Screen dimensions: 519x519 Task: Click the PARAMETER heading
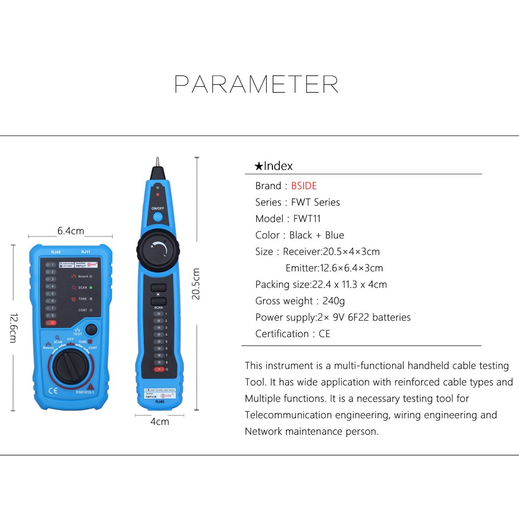256,84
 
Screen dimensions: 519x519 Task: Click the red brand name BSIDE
304,186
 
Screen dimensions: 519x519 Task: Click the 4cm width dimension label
159,421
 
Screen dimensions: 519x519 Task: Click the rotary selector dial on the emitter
71,365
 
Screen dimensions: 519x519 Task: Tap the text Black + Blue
317,235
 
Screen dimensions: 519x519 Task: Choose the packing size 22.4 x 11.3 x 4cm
349,284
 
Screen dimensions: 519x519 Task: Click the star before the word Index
258,167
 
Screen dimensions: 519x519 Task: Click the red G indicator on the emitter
51,323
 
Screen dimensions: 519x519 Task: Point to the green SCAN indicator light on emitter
91,288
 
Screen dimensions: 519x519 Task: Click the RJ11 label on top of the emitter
86,252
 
